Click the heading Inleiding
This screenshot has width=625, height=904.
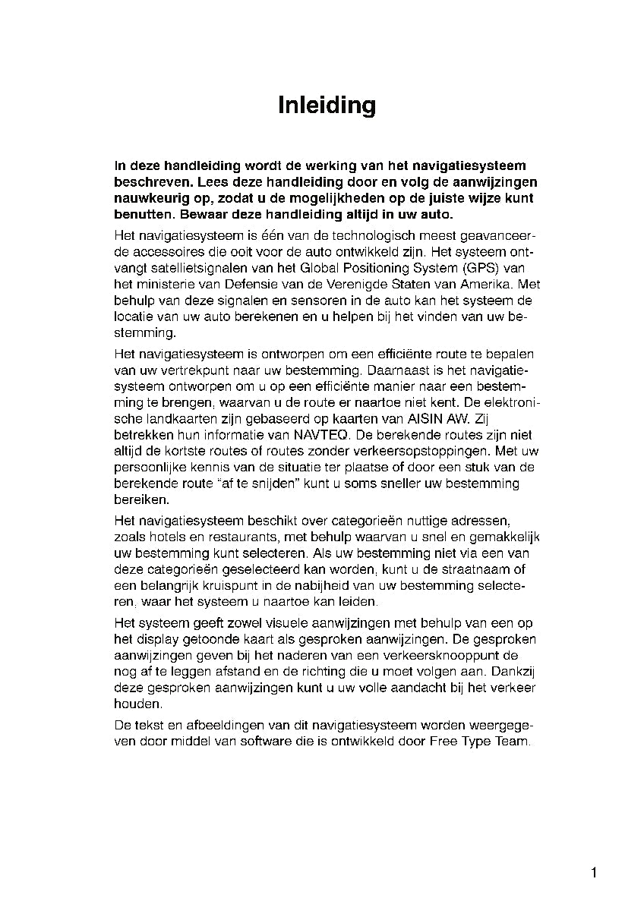[327, 105]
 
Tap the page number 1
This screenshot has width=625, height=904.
[594, 873]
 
